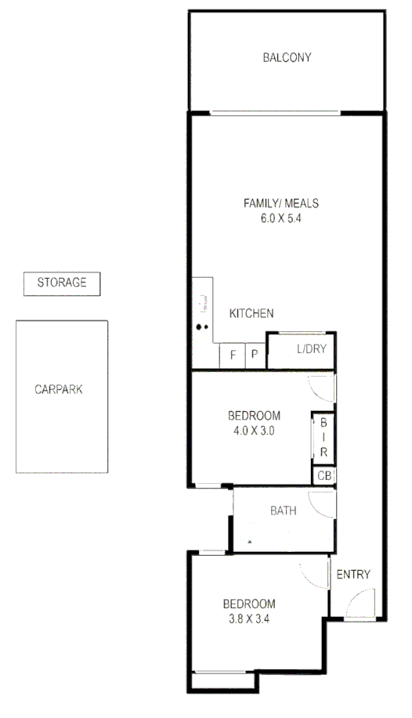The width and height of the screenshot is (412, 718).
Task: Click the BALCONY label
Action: (287, 57)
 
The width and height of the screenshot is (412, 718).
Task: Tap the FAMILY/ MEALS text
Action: (280, 204)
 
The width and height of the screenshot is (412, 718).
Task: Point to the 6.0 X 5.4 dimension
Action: (280, 219)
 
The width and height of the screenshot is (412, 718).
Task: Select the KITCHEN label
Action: (251, 314)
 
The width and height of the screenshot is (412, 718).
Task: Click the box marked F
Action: (233, 355)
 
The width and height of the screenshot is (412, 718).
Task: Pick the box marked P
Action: (255, 355)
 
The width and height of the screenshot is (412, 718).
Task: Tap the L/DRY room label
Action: (311, 350)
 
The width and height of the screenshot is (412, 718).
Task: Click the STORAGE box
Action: (62, 283)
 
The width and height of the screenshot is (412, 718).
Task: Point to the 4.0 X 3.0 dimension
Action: (254, 430)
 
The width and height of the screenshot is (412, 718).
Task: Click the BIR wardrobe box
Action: (323, 438)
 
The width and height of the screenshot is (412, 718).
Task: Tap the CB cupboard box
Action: (323, 476)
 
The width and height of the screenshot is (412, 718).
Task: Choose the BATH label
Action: (283, 511)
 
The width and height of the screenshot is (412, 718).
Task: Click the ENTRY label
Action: (352, 575)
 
